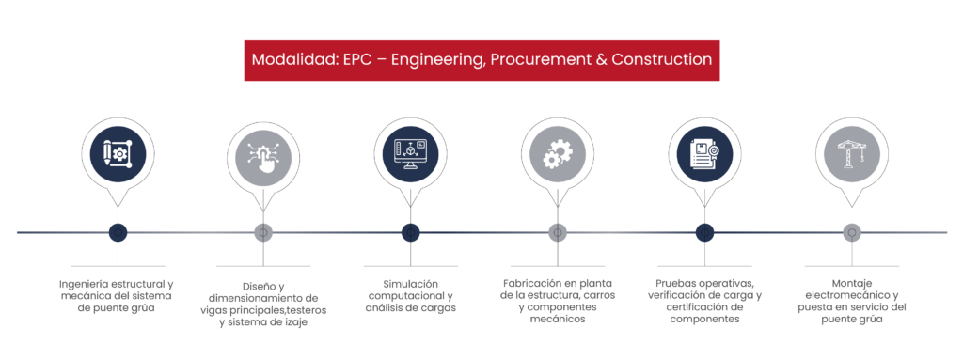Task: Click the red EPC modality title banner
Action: coord(481,60)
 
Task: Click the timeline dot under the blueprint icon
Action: coord(118,232)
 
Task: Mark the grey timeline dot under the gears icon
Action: coord(557,232)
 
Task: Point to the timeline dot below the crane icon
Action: coord(851,232)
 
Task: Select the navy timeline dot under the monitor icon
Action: coord(410,232)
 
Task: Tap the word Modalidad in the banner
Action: coord(285,59)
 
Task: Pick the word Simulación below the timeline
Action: coord(410,284)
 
